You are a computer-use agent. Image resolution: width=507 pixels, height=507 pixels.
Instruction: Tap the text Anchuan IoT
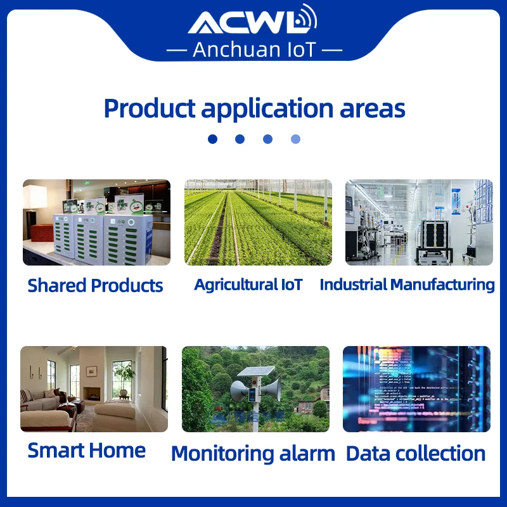point(253,49)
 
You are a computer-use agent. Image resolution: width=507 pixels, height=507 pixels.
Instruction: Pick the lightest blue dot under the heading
point(295,139)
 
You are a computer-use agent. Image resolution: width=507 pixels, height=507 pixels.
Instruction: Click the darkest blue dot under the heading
point(212,139)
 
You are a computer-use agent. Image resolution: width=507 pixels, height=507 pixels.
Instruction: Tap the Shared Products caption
point(95,285)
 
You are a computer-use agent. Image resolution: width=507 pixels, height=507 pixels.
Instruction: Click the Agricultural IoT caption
point(248,285)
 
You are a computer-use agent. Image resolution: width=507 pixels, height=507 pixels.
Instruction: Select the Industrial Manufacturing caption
point(407,285)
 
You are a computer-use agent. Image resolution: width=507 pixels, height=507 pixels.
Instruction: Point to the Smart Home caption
point(87,451)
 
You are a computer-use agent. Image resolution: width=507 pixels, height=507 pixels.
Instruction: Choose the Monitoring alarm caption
point(253,453)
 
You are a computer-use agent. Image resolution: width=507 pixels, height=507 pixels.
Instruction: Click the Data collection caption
point(416,453)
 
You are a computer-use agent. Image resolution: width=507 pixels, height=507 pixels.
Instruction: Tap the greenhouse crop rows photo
point(258,222)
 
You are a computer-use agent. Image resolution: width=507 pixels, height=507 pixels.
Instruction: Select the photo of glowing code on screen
point(416,389)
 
